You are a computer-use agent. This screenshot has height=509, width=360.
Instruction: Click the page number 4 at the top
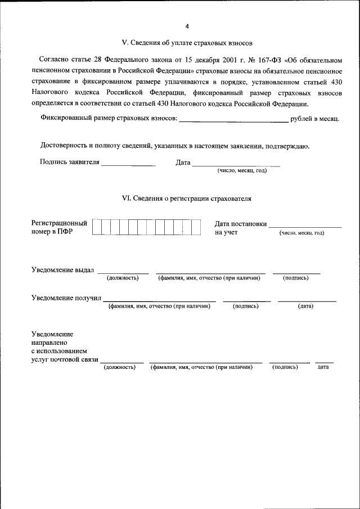187,26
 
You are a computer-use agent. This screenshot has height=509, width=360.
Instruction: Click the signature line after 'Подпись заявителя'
128,164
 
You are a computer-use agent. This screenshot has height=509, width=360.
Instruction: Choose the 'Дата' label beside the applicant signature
183,163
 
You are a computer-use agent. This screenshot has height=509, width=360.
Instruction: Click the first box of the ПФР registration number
97,227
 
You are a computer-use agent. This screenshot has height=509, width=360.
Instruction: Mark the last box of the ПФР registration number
196,227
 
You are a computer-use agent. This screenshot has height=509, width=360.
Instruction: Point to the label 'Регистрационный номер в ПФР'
59,227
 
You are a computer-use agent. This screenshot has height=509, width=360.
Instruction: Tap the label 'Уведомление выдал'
62,269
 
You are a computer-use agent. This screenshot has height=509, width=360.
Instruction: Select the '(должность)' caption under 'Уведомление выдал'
123,278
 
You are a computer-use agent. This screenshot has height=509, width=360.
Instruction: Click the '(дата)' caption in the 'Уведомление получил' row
305,306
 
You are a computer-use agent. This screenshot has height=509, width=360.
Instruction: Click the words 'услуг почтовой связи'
65,359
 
